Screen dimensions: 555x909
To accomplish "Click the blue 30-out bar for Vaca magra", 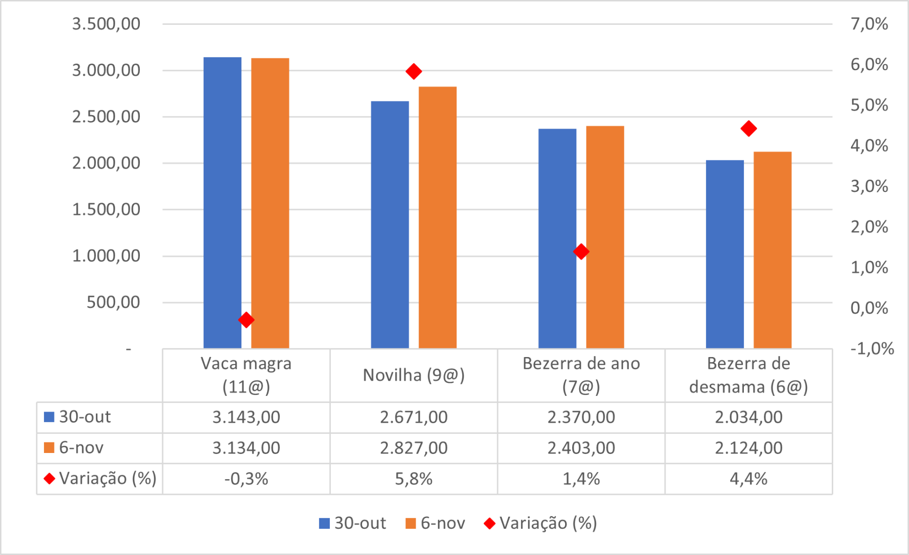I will pos(222,202).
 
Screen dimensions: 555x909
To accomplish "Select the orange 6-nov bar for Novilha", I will pos(437,217).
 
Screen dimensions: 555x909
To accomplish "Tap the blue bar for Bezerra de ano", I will pos(557,237).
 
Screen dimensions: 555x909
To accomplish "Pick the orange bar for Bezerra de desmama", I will pos(772,250).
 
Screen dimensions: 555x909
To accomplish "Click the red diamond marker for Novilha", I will pos(414,72).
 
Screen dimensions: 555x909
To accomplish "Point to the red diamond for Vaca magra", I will pos(246,320).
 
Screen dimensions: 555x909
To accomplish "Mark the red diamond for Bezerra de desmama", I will pos(748,129).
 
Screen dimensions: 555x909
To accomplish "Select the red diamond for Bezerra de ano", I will pos(581,251).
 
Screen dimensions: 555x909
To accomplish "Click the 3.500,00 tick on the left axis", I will pos(106,24).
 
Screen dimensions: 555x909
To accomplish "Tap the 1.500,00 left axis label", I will pos(106,209).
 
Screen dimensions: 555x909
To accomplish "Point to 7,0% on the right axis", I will pos(869,24).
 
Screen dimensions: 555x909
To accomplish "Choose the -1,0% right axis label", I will pos(872,348).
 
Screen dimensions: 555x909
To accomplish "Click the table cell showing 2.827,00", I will pos(414,448).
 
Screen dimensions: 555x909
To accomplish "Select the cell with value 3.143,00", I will pos(246,417).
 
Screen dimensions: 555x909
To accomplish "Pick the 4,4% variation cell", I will pos(748,479).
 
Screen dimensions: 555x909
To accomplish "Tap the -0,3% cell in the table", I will pos(246,479).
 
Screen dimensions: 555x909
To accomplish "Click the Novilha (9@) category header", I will pos(414,375).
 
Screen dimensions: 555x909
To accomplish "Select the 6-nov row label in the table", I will pos(81,448).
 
